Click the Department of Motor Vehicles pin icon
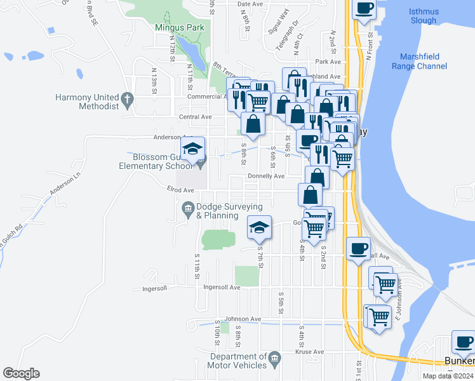(275, 359)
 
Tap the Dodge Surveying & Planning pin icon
(188, 208)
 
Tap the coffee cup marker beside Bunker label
(464, 343)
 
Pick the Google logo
(21, 373)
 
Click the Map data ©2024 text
(448, 376)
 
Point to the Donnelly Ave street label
(265, 176)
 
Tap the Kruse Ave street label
(311, 352)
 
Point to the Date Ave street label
(250, 4)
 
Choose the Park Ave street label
(328, 62)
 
